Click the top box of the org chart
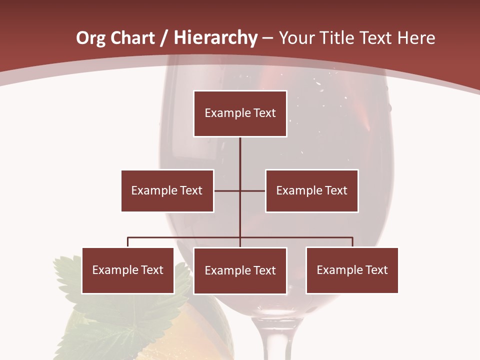coord(240,113)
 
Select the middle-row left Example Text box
coord(167,190)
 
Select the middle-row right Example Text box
coord(311,190)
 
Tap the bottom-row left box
coord(127,270)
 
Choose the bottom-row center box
coord(240,270)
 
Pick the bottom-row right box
coord(352,270)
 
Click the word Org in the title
coord(90,38)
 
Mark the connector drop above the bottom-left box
coord(127,242)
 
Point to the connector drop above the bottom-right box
coord(352,242)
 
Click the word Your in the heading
coord(298,38)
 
